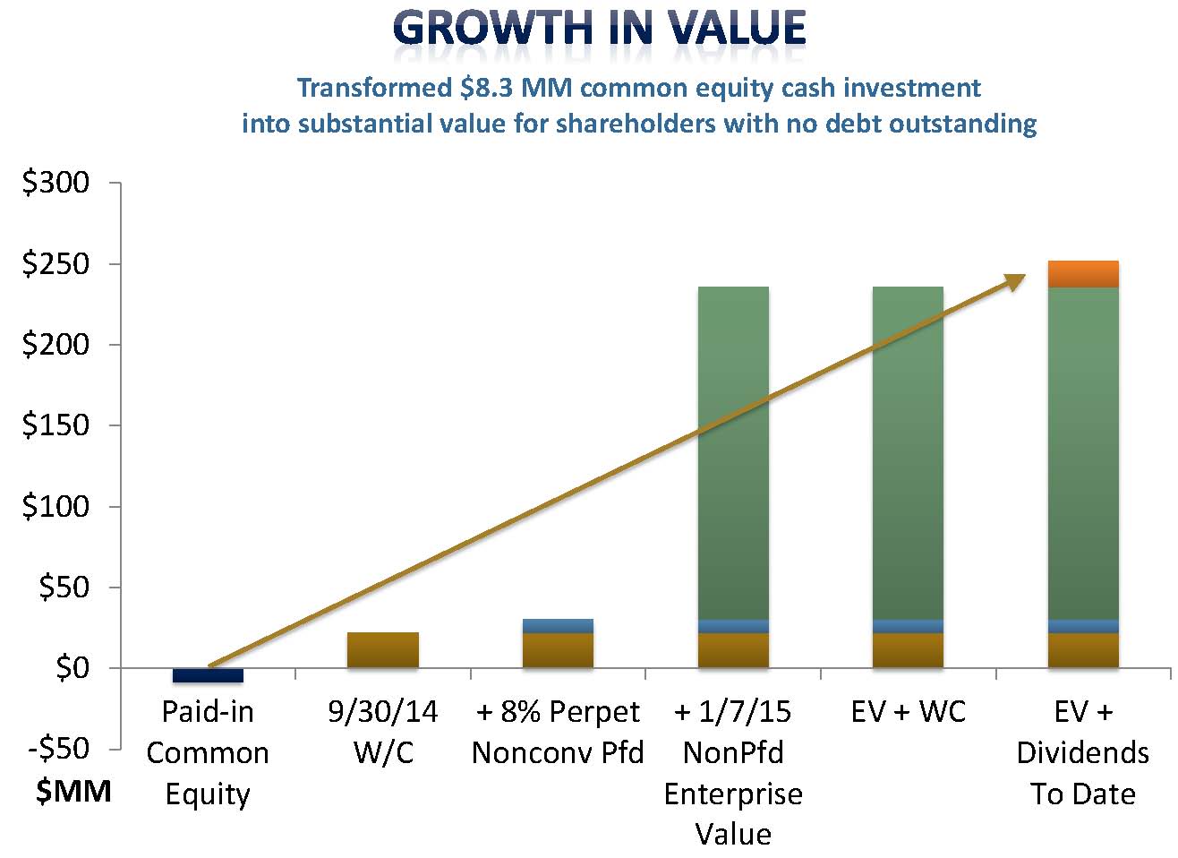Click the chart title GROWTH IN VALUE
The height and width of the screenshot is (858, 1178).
(599, 28)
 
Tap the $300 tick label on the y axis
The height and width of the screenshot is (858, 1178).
(56, 183)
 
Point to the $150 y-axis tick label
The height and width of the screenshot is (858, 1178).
(56, 425)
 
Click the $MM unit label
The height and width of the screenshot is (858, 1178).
(73, 792)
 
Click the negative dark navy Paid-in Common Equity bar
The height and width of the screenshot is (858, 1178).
(208, 675)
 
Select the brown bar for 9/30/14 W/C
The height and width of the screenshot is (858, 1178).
(382, 650)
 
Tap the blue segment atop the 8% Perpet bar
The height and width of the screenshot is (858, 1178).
(558, 625)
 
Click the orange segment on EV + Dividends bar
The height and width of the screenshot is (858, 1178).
(1083, 274)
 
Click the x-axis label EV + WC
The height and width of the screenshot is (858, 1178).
(909, 712)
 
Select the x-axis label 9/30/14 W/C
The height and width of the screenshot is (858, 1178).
(383, 732)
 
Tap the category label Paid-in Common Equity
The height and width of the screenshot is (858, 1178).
(208, 752)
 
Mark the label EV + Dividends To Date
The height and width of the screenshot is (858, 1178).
(1083, 752)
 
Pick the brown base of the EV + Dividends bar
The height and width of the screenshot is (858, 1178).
(1083, 650)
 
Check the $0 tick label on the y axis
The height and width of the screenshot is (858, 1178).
(73, 668)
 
